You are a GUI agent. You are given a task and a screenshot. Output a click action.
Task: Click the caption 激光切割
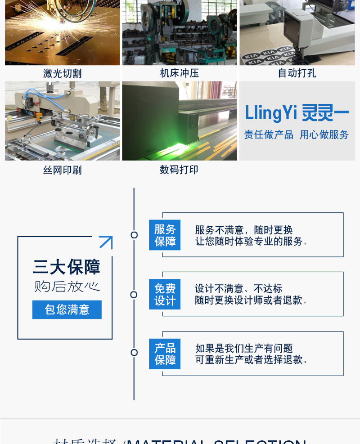click(x=62, y=73)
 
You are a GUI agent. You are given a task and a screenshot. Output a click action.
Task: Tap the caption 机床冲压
click(x=179, y=73)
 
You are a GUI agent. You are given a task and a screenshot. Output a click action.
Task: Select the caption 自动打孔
click(x=297, y=73)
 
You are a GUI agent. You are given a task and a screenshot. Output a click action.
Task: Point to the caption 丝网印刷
click(x=62, y=170)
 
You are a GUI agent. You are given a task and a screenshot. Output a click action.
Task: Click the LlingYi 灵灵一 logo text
click(x=297, y=113)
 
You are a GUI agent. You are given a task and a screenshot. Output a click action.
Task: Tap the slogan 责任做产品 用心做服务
click(x=297, y=135)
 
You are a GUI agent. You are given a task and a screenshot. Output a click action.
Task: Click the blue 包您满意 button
click(x=67, y=309)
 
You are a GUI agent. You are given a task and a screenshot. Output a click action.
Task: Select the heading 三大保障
click(x=67, y=267)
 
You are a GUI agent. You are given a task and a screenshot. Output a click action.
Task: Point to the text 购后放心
click(x=67, y=287)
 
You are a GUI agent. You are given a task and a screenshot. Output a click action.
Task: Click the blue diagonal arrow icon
click(x=106, y=242)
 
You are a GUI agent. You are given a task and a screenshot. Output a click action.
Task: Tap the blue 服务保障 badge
click(x=165, y=235)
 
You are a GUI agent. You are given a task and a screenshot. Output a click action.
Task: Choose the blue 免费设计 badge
click(x=165, y=294)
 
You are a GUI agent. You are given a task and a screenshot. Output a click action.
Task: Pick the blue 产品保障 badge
click(x=165, y=354)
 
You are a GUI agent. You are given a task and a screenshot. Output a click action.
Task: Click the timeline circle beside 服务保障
click(x=134, y=235)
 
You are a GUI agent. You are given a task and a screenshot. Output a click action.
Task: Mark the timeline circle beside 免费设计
click(x=134, y=295)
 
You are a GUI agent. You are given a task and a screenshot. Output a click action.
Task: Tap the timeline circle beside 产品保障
click(x=134, y=352)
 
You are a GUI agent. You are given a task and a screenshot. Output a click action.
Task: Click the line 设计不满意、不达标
click(x=238, y=289)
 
